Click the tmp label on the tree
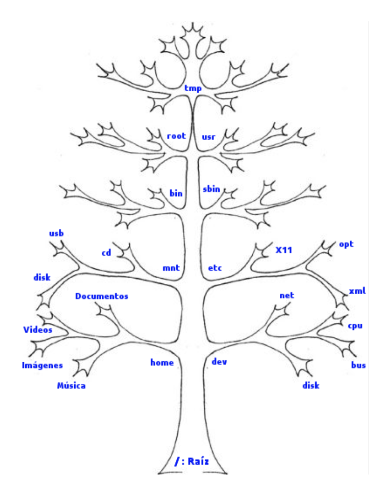(193, 88)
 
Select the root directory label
(176, 136)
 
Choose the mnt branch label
(170, 269)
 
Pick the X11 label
(284, 250)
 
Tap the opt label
(346, 244)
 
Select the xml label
(357, 292)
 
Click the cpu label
(355, 326)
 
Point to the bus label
(358, 365)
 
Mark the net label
(287, 296)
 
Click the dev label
(219, 362)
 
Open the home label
(162, 363)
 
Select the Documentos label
(102, 296)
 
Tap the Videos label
(38, 330)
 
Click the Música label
(71, 386)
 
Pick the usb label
(56, 234)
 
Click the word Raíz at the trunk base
(200, 462)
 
